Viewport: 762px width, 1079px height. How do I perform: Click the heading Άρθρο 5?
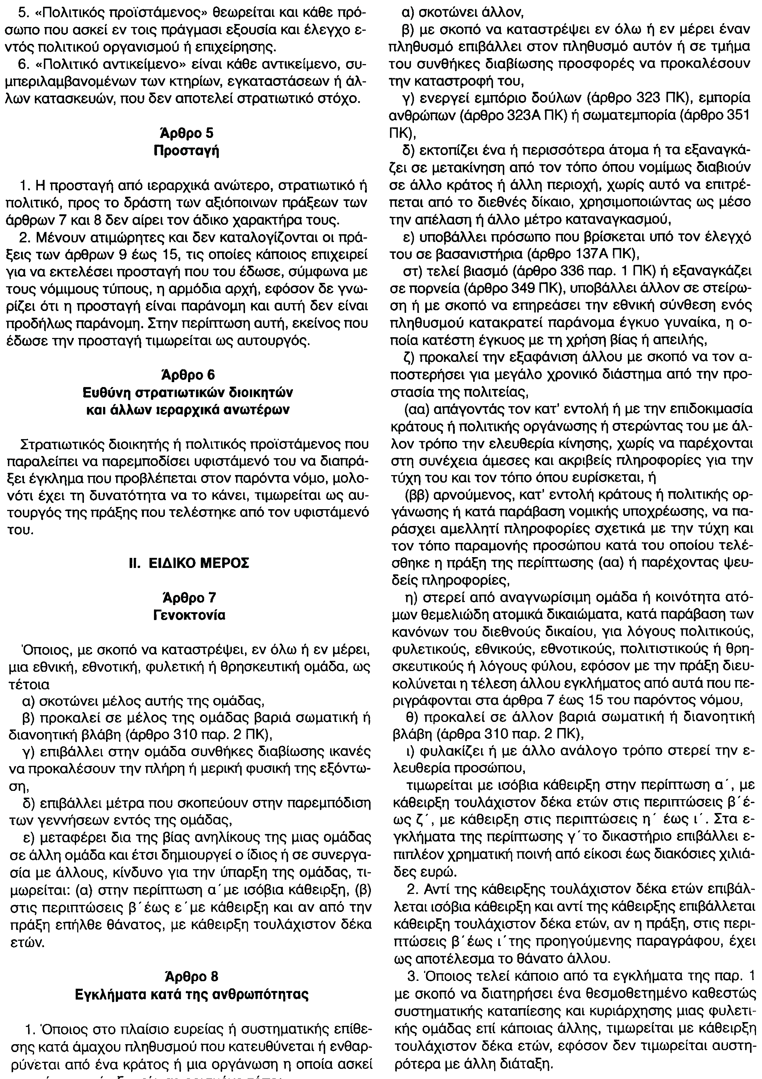pos(187,134)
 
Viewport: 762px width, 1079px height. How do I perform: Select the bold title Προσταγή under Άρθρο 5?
pos(187,151)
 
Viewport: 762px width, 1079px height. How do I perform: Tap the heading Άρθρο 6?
pos(187,375)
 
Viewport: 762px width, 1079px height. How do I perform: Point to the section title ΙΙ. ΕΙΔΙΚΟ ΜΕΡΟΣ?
pos(189,563)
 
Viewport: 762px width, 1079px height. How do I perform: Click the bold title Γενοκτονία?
pos(189,615)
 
